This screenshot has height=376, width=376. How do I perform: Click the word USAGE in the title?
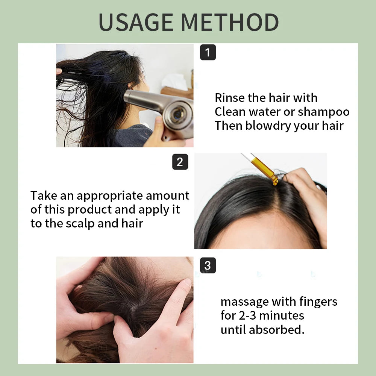[136, 22]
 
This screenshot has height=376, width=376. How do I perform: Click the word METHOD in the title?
[230, 22]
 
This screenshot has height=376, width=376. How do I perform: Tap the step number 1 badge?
[208, 52]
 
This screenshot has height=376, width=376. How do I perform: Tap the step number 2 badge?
[180, 162]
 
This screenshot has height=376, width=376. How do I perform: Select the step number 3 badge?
[208, 265]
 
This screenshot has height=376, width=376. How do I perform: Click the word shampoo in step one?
[323, 112]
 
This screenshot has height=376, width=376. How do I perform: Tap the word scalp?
[80, 224]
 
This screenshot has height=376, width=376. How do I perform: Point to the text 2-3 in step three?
[247, 315]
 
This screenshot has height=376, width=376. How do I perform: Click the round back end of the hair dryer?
[178, 114]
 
